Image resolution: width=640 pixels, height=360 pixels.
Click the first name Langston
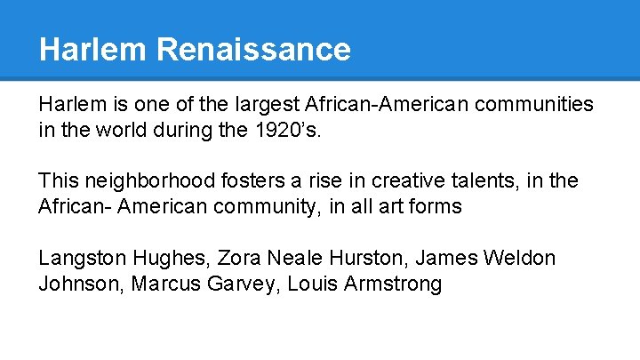tap(81, 259)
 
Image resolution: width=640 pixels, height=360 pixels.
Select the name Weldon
tap(520, 259)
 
